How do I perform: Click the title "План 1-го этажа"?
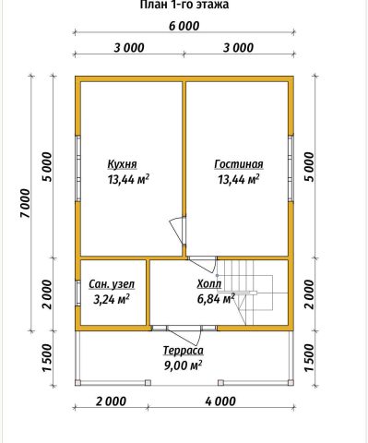click(x=184, y=5)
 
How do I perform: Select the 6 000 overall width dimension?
click(x=184, y=26)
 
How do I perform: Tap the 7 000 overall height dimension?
click(x=26, y=203)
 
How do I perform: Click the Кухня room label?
click(x=122, y=164)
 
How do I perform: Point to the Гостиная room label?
click(x=239, y=164)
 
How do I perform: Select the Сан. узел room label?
click(x=112, y=284)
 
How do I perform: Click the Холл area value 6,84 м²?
click(x=216, y=298)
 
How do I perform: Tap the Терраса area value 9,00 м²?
click(x=184, y=365)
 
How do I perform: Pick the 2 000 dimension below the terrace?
click(x=111, y=401)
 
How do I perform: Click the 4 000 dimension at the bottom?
click(x=220, y=401)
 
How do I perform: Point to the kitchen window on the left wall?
click(x=78, y=168)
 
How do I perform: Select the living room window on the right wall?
click(x=291, y=168)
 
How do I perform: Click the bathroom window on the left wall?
click(x=78, y=293)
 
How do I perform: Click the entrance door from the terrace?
click(x=184, y=334)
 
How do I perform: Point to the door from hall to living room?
click(x=203, y=264)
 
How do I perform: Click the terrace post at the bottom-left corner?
click(x=78, y=383)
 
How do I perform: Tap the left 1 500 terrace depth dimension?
click(x=48, y=358)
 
